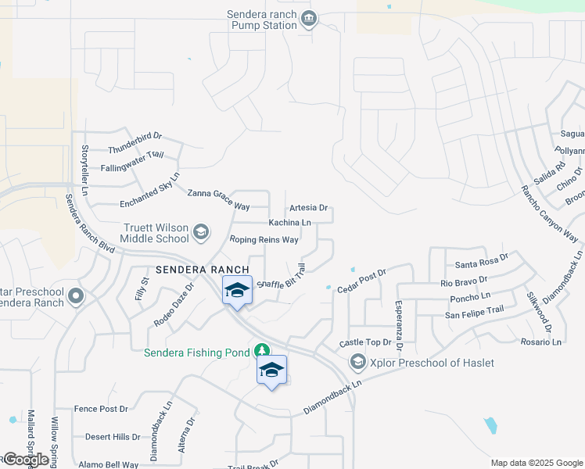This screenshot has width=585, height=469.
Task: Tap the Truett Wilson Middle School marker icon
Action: point(201,232)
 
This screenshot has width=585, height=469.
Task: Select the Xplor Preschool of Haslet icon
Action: point(357,362)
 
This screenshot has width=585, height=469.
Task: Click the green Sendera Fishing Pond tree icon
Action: point(264,352)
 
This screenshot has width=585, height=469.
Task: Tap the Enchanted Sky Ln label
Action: point(149,189)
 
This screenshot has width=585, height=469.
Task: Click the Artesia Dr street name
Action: point(308,208)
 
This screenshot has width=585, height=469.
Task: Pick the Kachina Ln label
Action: point(289,223)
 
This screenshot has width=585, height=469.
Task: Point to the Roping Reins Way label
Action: point(264,240)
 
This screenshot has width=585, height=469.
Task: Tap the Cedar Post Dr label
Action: point(362,281)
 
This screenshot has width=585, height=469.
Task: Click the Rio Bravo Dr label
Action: point(464,281)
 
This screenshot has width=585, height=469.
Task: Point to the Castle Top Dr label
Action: point(364,343)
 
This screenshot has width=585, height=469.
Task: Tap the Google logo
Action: point(25,460)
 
